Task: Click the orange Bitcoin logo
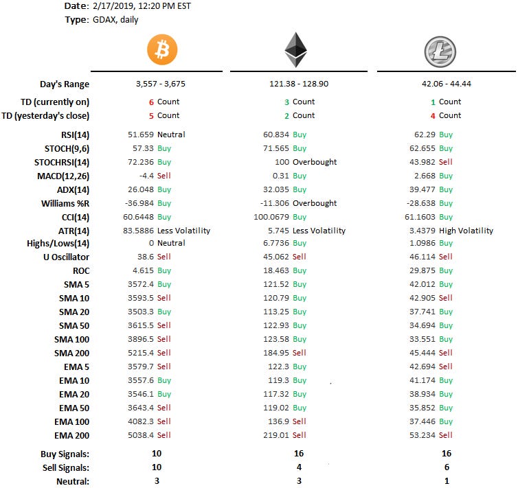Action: [x=162, y=49]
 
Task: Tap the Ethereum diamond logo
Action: [x=295, y=50]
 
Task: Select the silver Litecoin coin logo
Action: [x=440, y=51]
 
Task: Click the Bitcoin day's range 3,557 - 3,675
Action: [x=161, y=84]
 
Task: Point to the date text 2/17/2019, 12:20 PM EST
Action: [x=142, y=6]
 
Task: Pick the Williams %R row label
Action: [x=65, y=204]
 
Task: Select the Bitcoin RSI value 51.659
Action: [x=141, y=135]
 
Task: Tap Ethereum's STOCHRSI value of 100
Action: [x=282, y=162]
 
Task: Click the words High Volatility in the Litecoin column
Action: [x=466, y=231]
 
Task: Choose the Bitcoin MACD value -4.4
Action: [x=146, y=176]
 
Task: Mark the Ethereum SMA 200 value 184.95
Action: [x=276, y=353]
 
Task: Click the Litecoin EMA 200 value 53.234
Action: [x=423, y=435]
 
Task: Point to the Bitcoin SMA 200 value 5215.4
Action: [x=141, y=353]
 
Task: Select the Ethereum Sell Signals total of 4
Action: [x=299, y=467]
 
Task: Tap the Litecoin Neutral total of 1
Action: [x=447, y=481]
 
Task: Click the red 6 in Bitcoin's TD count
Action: [x=151, y=102]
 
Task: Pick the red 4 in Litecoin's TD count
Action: [x=433, y=116]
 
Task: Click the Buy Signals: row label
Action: [x=65, y=454]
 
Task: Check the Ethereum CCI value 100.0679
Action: [x=271, y=217]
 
